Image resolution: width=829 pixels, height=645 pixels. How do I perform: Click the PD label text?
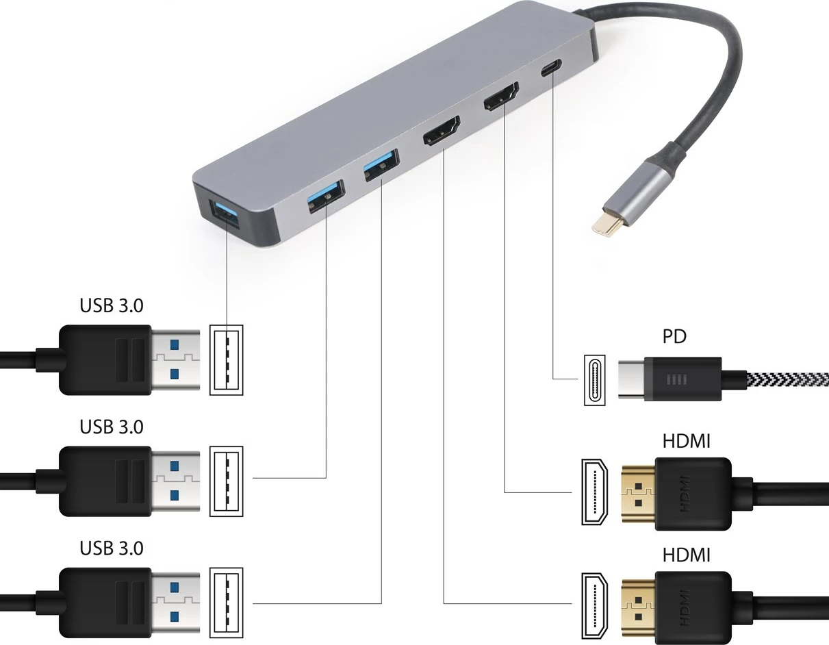tap(674, 336)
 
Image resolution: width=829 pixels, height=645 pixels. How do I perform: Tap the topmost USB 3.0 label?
tap(112, 305)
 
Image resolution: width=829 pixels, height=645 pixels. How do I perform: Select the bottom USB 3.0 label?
tap(112, 548)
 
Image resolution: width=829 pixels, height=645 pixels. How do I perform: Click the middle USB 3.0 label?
tap(112, 427)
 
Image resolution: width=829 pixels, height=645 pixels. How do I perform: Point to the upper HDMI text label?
tap(686, 441)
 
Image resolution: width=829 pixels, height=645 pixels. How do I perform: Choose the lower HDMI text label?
tap(686, 554)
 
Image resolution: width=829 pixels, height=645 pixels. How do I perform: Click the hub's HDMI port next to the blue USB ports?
tap(442, 131)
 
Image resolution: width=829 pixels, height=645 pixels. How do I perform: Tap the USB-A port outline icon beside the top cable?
tap(226, 359)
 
